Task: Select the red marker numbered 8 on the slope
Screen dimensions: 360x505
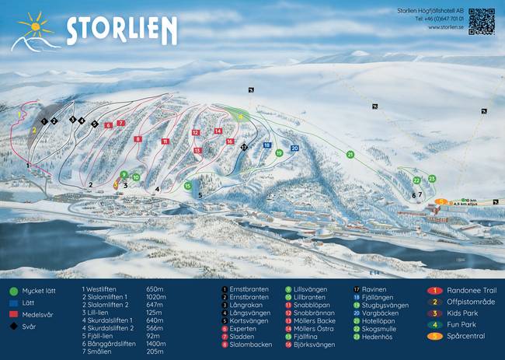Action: (138, 139)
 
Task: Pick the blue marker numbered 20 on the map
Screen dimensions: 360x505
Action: (294, 148)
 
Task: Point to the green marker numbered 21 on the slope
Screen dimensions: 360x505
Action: (350, 155)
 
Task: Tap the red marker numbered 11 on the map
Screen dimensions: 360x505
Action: (165, 142)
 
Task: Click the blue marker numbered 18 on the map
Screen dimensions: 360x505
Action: (266, 145)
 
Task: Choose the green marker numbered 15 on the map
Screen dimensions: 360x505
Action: (187, 186)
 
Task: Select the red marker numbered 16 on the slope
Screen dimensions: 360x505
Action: (230, 142)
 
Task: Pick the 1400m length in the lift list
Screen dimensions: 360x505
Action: (157, 343)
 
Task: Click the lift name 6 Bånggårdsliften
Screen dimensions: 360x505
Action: (109, 343)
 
